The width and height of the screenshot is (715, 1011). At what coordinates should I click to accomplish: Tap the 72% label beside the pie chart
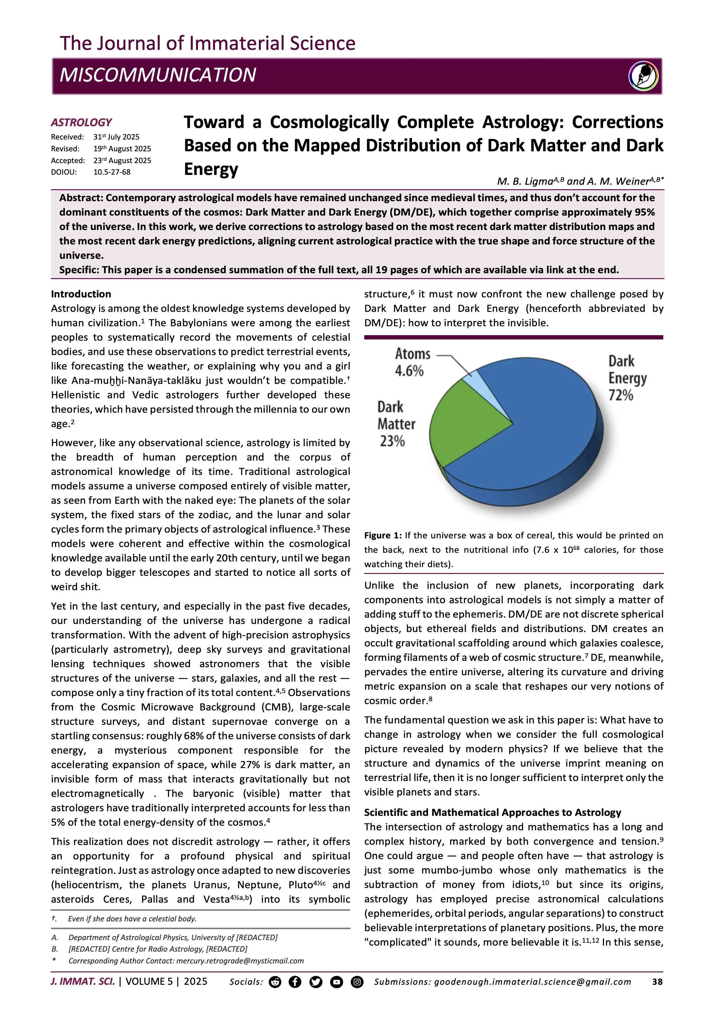coord(621,395)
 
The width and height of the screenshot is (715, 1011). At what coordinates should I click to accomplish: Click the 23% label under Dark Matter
coord(392,441)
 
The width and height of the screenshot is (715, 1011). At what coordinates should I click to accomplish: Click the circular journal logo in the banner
coord(643,76)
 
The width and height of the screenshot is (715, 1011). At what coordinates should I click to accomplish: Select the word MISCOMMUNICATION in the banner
coord(158,75)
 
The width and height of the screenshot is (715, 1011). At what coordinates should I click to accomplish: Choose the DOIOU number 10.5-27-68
coord(112,172)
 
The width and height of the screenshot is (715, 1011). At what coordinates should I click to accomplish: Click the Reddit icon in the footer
coord(275,982)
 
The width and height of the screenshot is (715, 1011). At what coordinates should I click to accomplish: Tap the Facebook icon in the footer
coord(295,982)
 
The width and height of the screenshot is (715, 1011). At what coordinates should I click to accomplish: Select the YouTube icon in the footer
coord(336,982)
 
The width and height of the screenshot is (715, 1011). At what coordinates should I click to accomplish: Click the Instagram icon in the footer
coord(357,982)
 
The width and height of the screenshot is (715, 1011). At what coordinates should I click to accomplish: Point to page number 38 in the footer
coord(657,982)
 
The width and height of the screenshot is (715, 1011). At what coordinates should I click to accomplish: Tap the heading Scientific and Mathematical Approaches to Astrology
coord(492,812)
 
